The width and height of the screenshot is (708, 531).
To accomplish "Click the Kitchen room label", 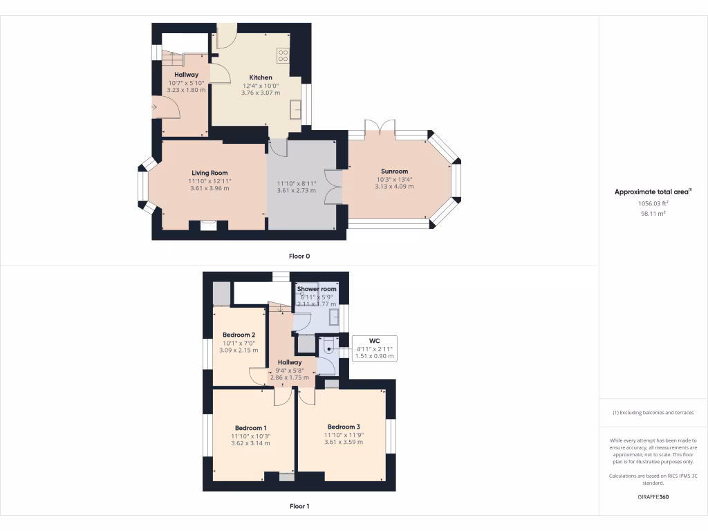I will pos(261,77).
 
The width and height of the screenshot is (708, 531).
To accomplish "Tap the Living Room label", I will pos(209,173).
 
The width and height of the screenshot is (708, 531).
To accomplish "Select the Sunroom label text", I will pos(394,171).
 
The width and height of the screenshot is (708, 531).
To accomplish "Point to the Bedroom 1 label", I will pos(250,427).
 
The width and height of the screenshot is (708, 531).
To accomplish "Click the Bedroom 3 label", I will pos(344,427).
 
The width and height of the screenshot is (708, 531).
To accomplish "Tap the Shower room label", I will pos(317,289).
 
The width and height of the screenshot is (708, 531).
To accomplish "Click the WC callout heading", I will pos(375,341).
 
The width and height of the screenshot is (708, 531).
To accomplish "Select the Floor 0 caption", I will pos(299,256).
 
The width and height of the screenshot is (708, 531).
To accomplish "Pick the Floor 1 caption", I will pos(299,506).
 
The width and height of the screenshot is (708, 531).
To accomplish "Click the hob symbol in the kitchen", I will pos(283,55).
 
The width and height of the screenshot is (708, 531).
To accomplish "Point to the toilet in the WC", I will pos(327,350).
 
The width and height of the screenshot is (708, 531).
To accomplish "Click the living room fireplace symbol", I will pos(208,224).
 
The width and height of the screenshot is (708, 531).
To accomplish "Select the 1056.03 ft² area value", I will pos(653,204).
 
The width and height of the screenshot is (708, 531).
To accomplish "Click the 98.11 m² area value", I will pos(653,214).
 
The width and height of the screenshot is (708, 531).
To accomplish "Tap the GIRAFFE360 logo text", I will pos(653,496).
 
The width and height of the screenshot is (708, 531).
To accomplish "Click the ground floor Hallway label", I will pos(186,75).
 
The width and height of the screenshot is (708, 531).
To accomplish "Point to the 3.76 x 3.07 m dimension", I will pos(261,93).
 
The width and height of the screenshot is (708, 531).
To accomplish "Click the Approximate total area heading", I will pos(653,192).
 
